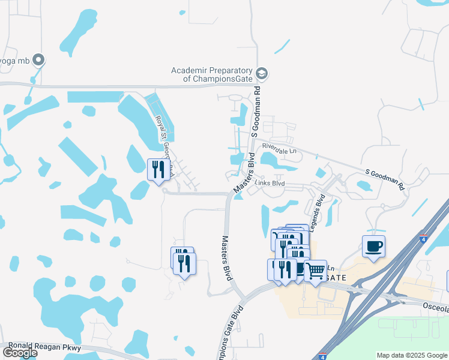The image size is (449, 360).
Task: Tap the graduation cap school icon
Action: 262,74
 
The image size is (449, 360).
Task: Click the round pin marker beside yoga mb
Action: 39,59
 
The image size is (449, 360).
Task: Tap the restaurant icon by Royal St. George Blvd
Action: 158,169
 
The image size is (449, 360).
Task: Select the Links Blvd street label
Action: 270,183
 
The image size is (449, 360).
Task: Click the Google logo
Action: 20,353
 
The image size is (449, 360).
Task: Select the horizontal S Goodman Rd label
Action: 385,178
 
